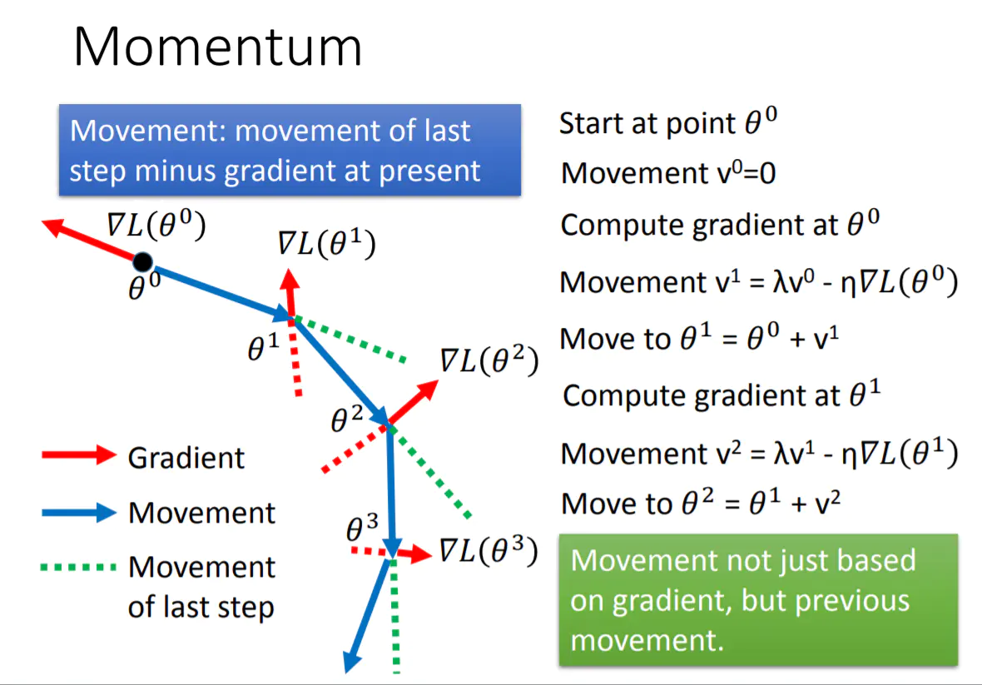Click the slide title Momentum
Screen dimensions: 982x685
point(218,48)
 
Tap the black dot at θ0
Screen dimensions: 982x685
point(142,262)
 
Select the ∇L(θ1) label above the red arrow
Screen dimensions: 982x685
point(326,245)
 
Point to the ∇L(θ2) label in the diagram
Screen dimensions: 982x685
point(489,360)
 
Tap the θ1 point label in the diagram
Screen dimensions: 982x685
point(264,349)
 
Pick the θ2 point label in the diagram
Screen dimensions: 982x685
point(347,421)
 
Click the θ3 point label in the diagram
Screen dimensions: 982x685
point(362,527)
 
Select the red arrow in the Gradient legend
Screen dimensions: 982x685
point(78,455)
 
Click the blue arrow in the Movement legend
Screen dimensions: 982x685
point(78,513)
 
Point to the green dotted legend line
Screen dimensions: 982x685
point(78,568)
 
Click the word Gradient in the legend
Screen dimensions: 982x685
point(186,458)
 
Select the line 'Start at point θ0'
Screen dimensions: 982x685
point(668,123)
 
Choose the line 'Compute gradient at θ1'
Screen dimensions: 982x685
point(722,395)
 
